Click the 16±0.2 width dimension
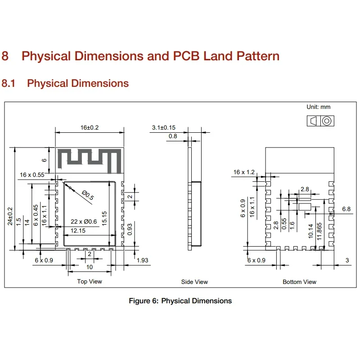pyautogui.click(x=90, y=128)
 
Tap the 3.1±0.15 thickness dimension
pyautogui.click(x=164, y=128)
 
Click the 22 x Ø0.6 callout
pyautogui.click(x=84, y=221)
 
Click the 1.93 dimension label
pyautogui.click(x=142, y=261)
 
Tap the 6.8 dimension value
pyautogui.click(x=346, y=209)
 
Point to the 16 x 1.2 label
pyautogui.click(x=244, y=172)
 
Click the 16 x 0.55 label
pyautogui.click(x=32, y=175)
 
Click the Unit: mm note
pyautogui.click(x=319, y=107)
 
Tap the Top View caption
pyautogui.click(x=90, y=281)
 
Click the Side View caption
pyautogui.click(x=194, y=282)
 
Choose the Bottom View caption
pyautogui.click(x=299, y=282)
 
